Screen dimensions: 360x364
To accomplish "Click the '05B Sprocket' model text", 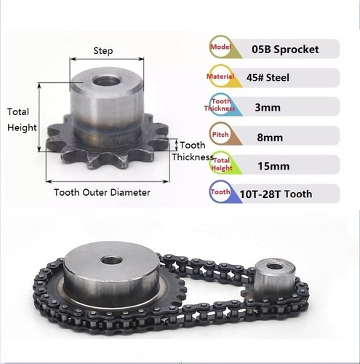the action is [285, 50].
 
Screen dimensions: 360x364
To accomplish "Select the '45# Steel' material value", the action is [268, 78].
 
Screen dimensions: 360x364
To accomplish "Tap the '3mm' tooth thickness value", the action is [268, 107].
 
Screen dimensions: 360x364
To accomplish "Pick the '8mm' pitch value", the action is [270, 138].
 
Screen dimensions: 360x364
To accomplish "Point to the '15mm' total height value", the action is [273, 166].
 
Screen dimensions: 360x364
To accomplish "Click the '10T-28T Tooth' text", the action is [276, 194].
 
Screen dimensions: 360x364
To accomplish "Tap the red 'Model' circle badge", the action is [220, 47].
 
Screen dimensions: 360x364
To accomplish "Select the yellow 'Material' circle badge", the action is [220, 76].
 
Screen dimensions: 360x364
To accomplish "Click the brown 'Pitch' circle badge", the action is [220, 134].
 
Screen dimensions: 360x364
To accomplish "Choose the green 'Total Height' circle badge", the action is [221, 164].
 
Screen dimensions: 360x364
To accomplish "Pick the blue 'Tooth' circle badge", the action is [220, 192].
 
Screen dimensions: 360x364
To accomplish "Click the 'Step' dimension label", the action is [103, 51].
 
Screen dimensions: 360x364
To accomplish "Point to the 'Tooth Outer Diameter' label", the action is [102, 192].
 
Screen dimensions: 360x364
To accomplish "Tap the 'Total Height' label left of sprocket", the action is [22, 119].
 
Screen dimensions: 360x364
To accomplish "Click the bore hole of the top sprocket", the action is [105, 81].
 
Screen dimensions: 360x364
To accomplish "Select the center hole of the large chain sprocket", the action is [111, 261].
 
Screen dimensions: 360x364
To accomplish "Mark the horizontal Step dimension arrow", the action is [107, 59].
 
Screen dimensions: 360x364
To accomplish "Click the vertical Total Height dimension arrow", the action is [39, 117].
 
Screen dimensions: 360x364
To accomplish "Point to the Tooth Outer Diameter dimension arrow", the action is [107, 181].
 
